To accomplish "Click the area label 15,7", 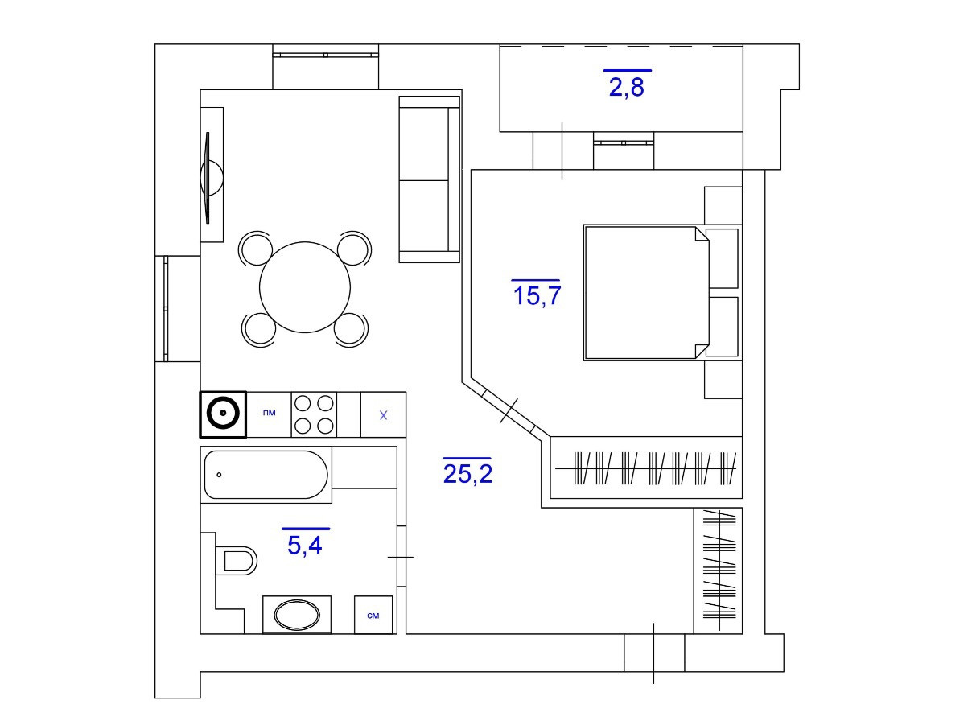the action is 536,295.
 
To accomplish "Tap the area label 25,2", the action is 467,473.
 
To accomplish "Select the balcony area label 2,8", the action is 626,86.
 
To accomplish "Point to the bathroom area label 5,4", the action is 305,545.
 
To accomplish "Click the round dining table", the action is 305,287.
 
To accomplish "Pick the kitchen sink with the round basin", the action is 223,414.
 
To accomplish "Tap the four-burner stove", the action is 314,414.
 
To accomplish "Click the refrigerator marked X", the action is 383,415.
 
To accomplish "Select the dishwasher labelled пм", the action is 269,414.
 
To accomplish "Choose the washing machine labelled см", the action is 373,616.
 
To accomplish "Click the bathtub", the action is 266,476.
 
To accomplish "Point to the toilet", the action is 235,560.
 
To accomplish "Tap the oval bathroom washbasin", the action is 297,616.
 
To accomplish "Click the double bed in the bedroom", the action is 644,291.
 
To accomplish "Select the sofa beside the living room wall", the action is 429,179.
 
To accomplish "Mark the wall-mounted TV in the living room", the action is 211,176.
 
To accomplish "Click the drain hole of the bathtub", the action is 219,476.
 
